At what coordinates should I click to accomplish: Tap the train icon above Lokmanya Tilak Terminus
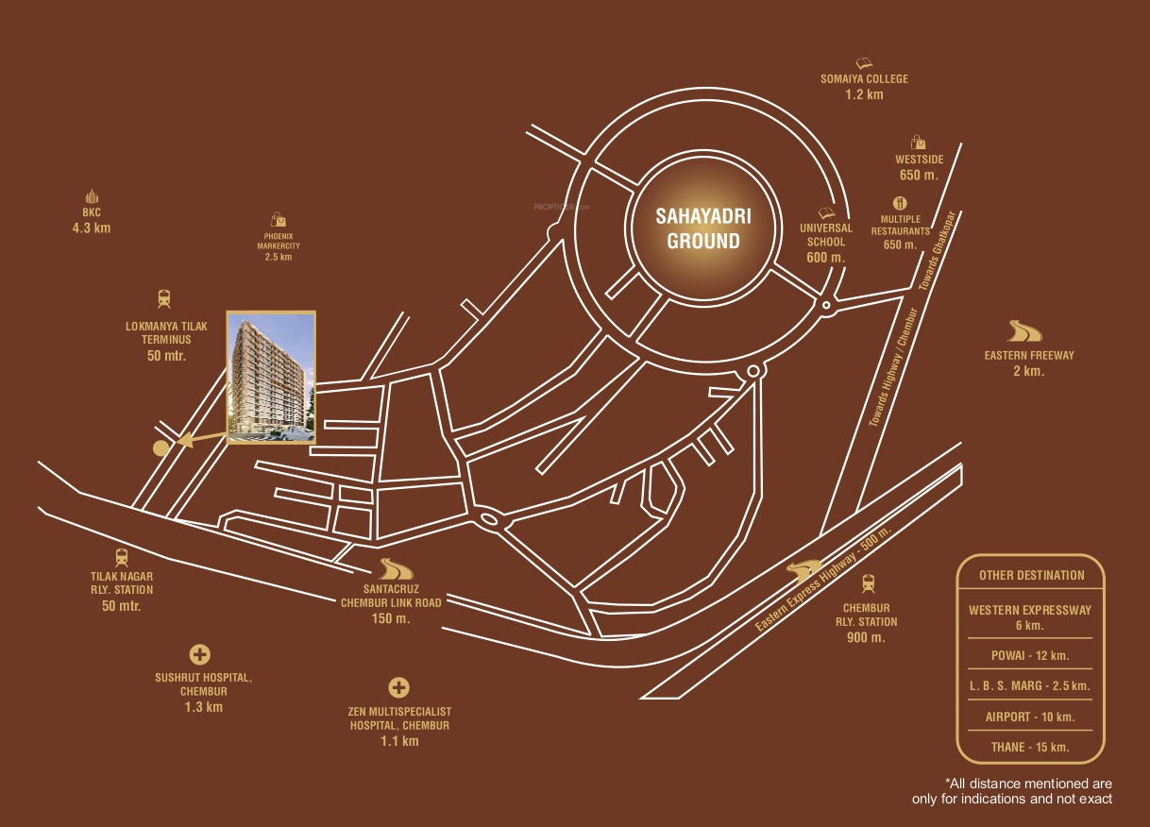[x=165, y=298]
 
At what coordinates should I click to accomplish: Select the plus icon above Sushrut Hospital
[x=199, y=654]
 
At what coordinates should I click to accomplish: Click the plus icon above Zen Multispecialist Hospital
[x=398, y=687]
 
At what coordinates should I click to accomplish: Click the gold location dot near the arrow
[x=161, y=447]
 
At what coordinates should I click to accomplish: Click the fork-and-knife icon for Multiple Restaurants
[x=900, y=202]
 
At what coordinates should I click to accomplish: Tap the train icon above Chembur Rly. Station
[x=867, y=582]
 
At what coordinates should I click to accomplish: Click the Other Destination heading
[x=1030, y=575]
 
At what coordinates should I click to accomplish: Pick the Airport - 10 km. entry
[x=1030, y=717]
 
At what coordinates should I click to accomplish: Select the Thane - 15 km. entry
[x=1030, y=747]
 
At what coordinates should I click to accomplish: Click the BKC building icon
[x=92, y=196]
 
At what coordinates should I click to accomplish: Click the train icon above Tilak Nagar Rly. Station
[x=121, y=557]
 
